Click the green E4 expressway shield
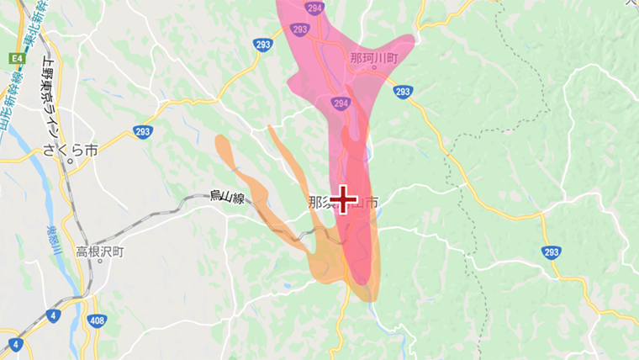point(16,58)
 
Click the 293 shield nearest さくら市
point(142,131)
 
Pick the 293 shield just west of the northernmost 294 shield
point(263,45)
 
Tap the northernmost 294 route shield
point(315,7)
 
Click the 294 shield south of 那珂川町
point(340,103)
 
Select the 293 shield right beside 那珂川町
point(403,92)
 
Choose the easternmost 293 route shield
point(552,252)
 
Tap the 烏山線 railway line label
point(227,199)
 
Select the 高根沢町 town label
point(99,251)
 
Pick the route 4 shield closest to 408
point(54,316)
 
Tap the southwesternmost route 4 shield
point(15,344)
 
